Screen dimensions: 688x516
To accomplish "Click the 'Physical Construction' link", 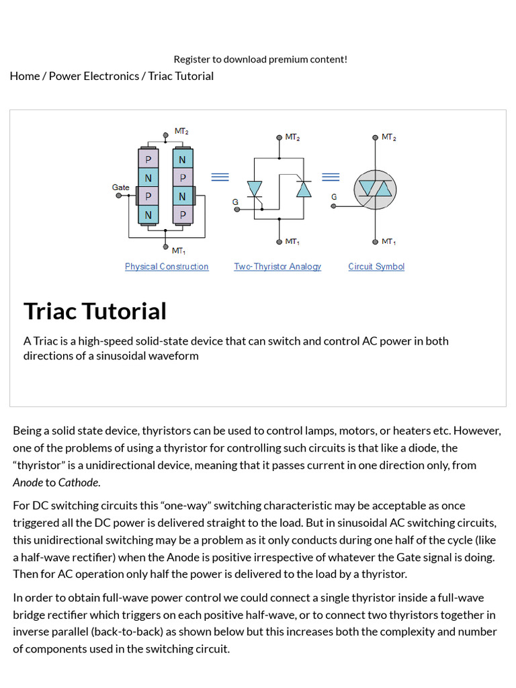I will pos(167,267).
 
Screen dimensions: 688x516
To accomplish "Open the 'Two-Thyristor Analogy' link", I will pos(277,267).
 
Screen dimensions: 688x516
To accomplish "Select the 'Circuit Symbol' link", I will pos(376,267).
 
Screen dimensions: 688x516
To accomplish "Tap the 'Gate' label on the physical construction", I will pos(121,187).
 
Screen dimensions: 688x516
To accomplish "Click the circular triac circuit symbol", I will pos(375,189).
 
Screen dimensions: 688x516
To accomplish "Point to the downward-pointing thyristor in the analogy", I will pos(255,189).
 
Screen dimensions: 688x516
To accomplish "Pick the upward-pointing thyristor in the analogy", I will pos(304,189).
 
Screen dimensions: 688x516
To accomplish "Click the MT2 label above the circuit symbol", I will pos(388,137).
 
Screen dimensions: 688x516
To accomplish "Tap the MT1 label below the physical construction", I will pos(179,251).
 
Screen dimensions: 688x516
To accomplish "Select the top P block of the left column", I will pos(148,160).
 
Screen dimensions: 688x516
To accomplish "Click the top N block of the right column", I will pos(182,160).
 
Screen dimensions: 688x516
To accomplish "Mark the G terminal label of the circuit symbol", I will pos(334,197).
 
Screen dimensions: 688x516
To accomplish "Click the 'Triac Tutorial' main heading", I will pos(95,311).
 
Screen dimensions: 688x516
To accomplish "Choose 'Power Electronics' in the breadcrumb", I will pos(94,76).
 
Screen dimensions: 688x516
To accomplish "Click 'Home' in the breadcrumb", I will pos(25,76).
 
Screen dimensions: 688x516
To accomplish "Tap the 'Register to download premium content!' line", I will pos(261,59).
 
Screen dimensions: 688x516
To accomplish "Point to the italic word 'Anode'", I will pos(28,482).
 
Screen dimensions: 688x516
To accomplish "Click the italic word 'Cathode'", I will pos(79,482).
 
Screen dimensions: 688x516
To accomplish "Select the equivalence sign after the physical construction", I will pos(220,177).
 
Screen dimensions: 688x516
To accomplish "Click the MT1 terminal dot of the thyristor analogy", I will pos(279,241).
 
